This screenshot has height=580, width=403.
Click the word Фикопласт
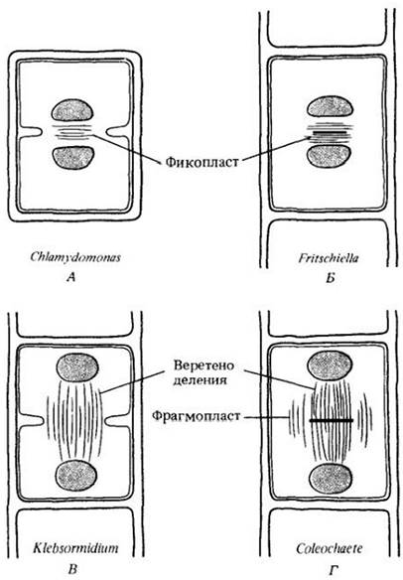(x=201, y=162)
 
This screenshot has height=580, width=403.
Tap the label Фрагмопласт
(x=196, y=416)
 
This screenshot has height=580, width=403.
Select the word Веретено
(x=204, y=365)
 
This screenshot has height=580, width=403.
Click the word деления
(x=201, y=381)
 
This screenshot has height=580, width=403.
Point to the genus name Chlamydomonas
(x=75, y=257)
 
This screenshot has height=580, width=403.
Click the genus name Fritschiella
(x=329, y=257)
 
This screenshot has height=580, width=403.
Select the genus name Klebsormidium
(x=75, y=548)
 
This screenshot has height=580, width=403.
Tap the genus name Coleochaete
(x=330, y=548)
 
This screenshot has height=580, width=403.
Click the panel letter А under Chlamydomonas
(x=71, y=277)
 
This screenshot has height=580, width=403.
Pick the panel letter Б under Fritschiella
(x=331, y=278)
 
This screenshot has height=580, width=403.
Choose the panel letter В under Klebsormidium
(x=72, y=568)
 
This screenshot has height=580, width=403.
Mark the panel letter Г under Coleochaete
(x=333, y=570)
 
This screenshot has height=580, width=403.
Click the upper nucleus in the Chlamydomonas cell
(x=72, y=110)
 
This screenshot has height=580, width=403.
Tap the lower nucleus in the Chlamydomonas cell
(x=72, y=158)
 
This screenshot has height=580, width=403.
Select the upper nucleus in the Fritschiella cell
(x=330, y=108)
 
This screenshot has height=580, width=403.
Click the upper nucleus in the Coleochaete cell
(x=330, y=364)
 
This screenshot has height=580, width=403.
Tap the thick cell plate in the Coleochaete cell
(x=332, y=420)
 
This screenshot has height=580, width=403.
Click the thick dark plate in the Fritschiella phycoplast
(x=330, y=132)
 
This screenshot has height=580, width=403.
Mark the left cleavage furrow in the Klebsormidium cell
(x=32, y=420)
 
